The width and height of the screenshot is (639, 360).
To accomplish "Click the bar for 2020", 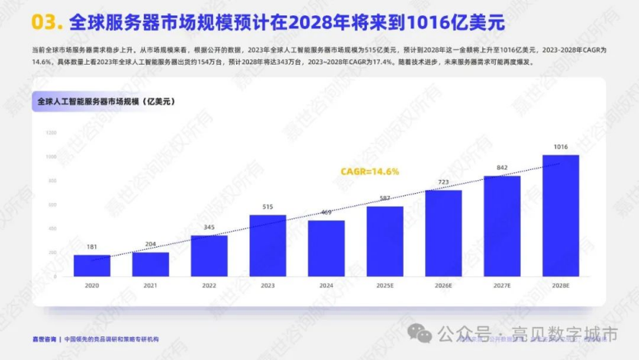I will pos(92,265).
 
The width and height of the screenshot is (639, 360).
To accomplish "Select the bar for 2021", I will pos(151,265).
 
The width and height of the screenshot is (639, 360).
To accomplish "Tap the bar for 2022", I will pos(209,256).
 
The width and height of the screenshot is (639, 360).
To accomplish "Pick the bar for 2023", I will pos(268,245).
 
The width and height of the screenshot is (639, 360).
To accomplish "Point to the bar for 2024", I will pos(326,248).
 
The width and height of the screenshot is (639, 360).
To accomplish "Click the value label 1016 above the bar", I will pos(561,146).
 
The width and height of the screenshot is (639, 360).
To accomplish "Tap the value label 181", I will pos(92,247).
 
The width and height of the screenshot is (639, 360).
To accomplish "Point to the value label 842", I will pos(502,167).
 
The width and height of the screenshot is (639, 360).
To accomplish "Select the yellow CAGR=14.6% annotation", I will pos(370,172).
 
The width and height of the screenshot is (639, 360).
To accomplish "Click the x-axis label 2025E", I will pos(384,285).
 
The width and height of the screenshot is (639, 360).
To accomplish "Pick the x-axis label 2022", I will pos(209,285).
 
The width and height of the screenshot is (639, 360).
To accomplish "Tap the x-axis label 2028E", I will pos(561,285).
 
